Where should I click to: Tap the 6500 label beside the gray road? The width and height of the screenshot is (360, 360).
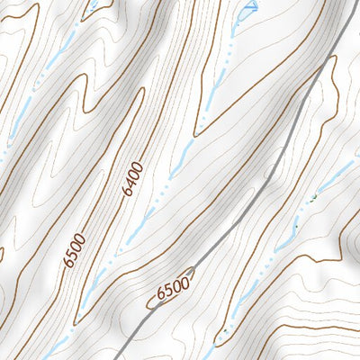172,289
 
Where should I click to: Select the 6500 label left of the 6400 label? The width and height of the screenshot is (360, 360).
75,249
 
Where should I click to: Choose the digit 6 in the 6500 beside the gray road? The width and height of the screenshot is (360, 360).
159,293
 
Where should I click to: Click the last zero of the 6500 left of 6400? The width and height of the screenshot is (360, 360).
82,238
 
